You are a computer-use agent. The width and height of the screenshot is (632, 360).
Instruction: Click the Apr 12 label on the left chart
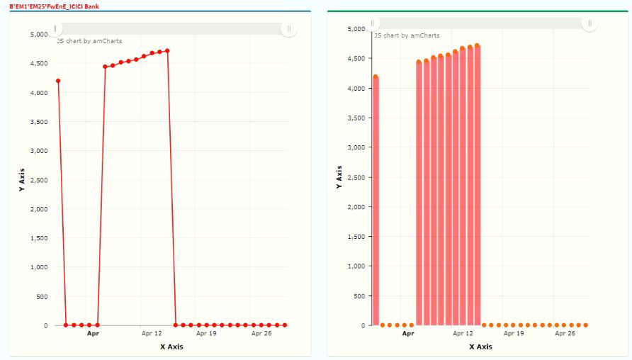(x=152, y=333)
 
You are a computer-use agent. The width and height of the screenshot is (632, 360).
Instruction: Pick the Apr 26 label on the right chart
(x=565, y=333)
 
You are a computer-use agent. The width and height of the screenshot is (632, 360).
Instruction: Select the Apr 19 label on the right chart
(x=514, y=333)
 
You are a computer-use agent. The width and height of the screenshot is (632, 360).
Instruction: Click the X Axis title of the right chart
(x=480, y=347)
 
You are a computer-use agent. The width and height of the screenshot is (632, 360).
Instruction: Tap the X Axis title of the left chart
(x=172, y=347)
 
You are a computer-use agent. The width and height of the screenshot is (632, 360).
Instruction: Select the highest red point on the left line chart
(x=167, y=50)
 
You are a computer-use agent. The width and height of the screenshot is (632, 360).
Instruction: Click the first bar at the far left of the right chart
(x=376, y=202)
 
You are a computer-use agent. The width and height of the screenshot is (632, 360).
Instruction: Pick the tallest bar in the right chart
(x=477, y=186)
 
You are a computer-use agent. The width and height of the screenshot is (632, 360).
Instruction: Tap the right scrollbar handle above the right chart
(x=590, y=23)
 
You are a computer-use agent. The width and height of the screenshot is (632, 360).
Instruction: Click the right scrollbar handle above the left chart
(x=289, y=29)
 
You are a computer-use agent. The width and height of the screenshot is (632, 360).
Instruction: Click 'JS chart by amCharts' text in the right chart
(x=407, y=35)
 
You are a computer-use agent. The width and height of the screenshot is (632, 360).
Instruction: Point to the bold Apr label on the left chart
(x=93, y=333)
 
